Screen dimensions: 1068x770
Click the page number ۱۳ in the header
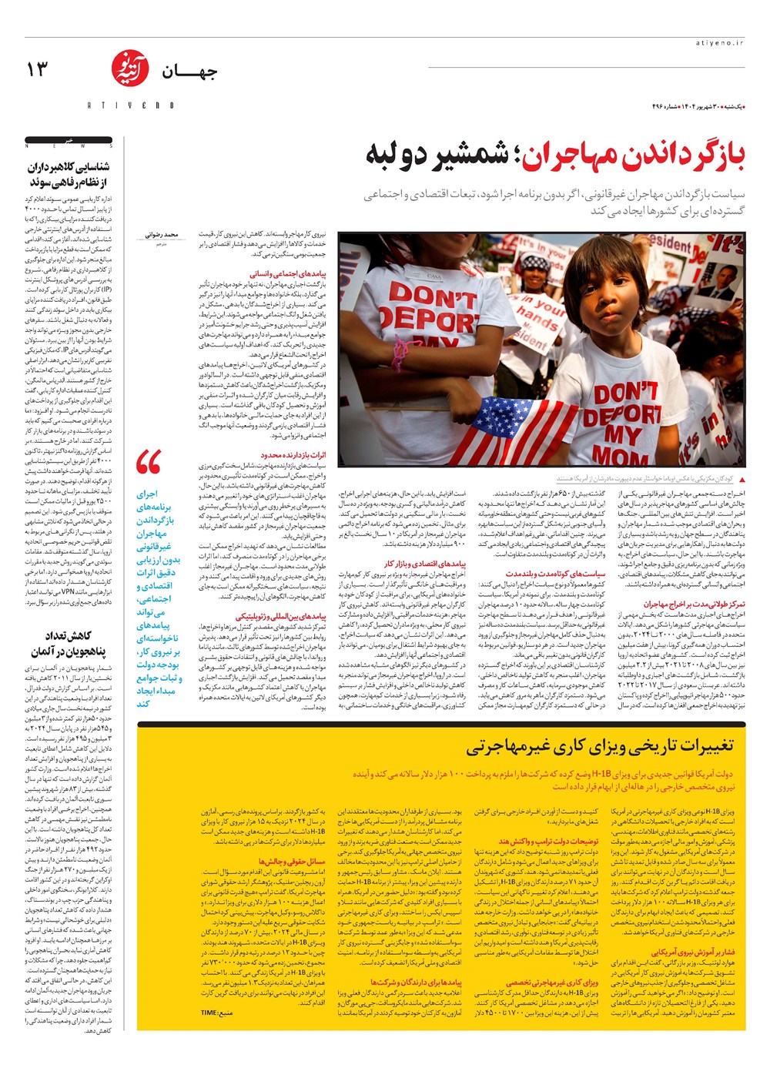[37, 70]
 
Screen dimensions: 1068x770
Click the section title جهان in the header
[189, 72]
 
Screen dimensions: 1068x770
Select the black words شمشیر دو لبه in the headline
[437, 155]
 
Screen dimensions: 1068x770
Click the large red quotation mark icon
[148, 463]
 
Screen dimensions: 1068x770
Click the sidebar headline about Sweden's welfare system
[69, 174]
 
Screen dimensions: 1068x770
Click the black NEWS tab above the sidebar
[69, 143]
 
